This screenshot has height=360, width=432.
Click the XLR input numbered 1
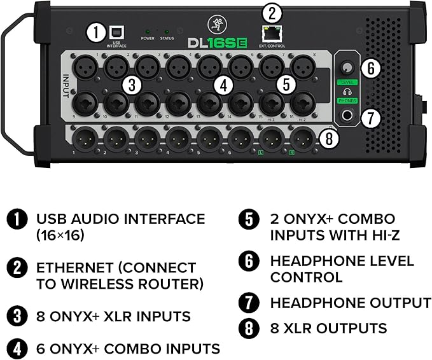coord(85,67)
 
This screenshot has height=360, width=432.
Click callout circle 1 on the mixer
coord(95,32)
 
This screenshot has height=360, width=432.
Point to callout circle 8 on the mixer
coord(327,138)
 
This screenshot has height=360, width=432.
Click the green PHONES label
coord(347,100)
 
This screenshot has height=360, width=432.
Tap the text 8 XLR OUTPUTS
coord(328,328)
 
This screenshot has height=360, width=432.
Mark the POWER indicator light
coord(148,31)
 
